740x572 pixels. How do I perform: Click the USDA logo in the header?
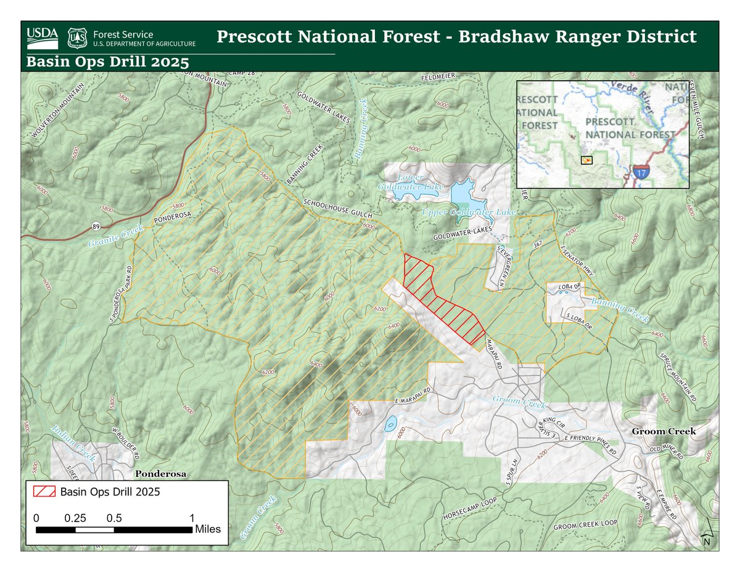pyautogui.click(x=43, y=38)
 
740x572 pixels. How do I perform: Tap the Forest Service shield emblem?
pyautogui.click(x=77, y=38)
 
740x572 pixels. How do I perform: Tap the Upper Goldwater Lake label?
pyautogui.click(x=468, y=212)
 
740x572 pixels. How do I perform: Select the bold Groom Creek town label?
pyautogui.click(x=664, y=431)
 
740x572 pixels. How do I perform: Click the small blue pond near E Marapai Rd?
pyautogui.click(x=390, y=425)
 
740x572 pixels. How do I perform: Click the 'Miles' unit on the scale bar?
pyautogui.click(x=208, y=529)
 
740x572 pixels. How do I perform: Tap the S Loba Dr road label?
pyautogui.click(x=579, y=321)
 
